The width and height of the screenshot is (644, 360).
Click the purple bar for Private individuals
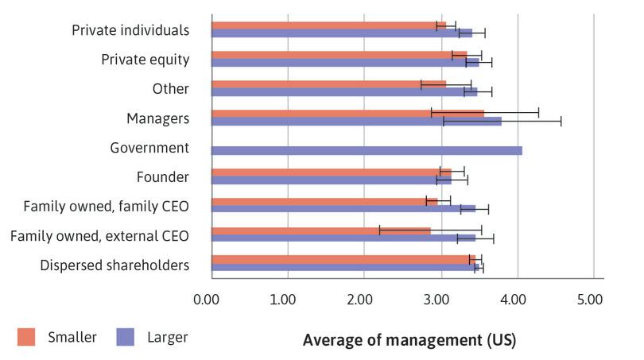342,33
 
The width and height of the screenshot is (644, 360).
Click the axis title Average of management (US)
409,340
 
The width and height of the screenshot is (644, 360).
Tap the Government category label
149,148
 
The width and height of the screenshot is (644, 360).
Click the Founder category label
163,177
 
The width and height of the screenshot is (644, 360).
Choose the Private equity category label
145,60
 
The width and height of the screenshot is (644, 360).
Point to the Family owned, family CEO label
106,207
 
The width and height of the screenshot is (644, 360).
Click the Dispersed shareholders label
114,265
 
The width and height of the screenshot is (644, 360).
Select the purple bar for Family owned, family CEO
343,209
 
